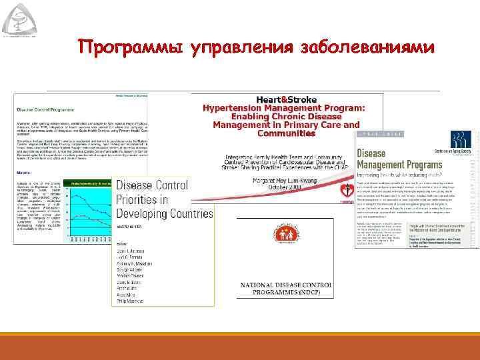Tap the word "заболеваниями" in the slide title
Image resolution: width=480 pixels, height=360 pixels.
369,48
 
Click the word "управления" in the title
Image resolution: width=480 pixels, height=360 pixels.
242,48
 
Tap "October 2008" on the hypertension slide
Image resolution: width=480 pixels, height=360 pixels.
287,188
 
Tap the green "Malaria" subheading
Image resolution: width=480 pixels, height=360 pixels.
23,170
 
